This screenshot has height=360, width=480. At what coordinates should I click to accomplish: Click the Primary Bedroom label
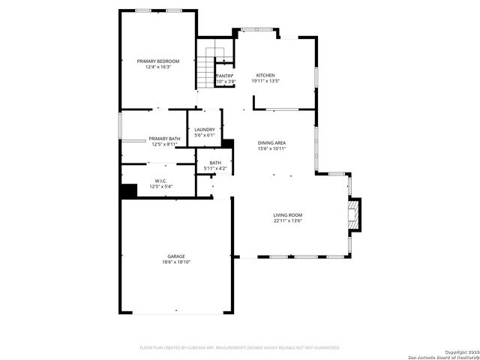(158, 61)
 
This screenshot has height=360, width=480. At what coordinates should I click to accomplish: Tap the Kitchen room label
(265, 75)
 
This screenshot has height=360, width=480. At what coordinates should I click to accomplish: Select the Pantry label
(224, 76)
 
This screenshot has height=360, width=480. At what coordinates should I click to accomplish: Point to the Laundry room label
(205, 130)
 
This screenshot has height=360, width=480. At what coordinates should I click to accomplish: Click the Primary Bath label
(164, 139)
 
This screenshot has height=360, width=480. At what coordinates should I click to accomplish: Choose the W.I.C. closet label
(160, 181)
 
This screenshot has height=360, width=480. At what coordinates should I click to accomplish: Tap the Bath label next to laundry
(215, 163)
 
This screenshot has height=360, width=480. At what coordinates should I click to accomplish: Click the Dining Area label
(271, 142)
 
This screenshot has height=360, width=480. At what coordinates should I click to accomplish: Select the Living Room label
(287, 214)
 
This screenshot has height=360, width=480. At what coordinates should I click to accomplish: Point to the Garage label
(176, 256)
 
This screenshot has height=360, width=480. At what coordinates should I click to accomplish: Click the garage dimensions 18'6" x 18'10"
(176, 262)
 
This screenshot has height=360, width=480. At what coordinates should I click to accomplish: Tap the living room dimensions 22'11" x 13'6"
(287, 220)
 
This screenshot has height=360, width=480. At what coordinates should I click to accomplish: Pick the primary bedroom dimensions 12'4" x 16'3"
(158, 67)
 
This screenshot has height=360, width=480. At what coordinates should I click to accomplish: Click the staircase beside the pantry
(206, 67)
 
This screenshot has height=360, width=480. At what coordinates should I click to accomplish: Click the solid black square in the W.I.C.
(129, 191)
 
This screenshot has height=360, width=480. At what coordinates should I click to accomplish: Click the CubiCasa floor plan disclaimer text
(240, 347)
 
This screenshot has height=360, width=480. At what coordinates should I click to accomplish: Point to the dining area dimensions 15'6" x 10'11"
(271, 148)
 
